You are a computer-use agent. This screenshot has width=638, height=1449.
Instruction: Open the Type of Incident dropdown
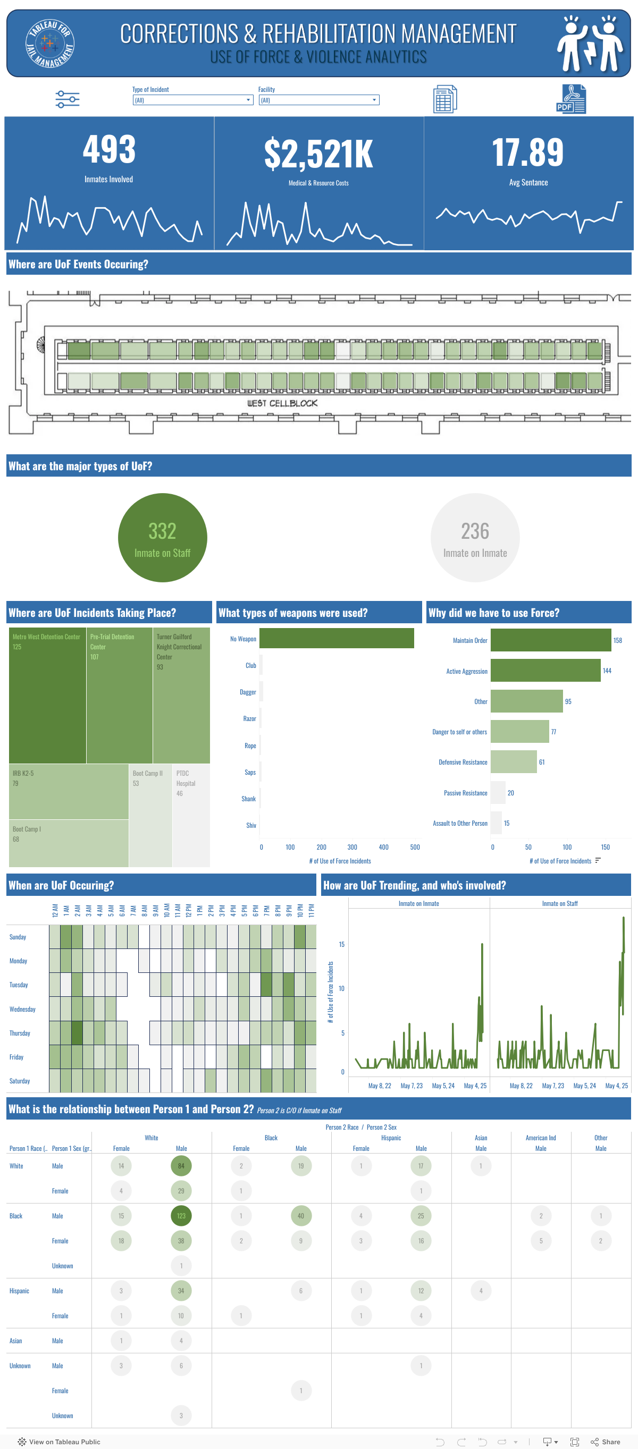[x=192, y=100]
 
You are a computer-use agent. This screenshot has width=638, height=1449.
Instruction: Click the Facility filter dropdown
[x=318, y=100]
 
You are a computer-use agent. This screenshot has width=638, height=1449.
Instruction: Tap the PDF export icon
[x=570, y=99]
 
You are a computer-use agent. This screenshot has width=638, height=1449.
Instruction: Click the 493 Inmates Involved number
[x=109, y=150]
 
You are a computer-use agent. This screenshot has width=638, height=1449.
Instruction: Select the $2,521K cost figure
[x=318, y=154]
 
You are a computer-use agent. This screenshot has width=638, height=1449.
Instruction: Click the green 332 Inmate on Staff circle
[x=163, y=537]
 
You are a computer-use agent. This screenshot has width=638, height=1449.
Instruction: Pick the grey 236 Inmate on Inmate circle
[x=475, y=537]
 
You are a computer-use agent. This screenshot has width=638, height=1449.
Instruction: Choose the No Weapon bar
[x=337, y=639]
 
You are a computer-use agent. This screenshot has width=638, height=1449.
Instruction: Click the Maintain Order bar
[x=550, y=640]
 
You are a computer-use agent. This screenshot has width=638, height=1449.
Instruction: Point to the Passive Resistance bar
[x=498, y=793]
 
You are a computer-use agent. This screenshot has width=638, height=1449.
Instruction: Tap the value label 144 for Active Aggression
[x=607, y=671]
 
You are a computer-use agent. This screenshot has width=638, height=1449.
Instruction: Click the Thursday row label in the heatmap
[x=20, y=1033]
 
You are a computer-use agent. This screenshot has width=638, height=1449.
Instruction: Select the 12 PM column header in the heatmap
[x=188, y=910]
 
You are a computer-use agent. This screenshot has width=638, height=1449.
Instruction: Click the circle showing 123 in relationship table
[x=181, y=1216]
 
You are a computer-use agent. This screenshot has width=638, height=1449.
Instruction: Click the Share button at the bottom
[x=606, y=1442]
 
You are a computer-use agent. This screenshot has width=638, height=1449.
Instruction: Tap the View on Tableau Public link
[x=59, y=1442]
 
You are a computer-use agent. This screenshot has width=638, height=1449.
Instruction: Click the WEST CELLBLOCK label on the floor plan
[x=282, y=403]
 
